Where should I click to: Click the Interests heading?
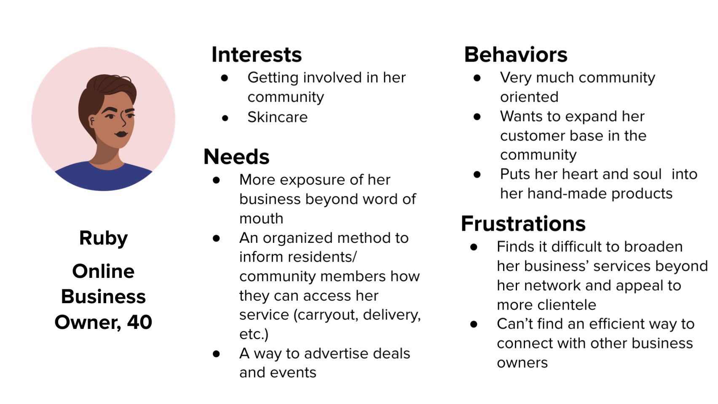tap(257, 55)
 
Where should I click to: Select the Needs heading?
tap(236, 157)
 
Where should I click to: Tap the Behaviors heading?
tap(516, 55)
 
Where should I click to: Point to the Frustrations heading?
tap(523, 224)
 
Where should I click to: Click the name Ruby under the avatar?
tap(103, 238)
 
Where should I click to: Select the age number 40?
tap(139, 322)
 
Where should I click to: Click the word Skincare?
tap(277, 117)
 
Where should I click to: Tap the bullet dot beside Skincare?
tap(225, 118)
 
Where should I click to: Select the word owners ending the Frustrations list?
tap(522, 363)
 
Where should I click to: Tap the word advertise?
tap(333, 353)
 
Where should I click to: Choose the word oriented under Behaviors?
tap(529, 97)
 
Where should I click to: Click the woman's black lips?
tap(121, 134)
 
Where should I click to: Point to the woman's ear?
tap(92, 122)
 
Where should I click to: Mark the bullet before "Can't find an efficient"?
tap(474, 324)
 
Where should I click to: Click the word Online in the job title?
tap(103, 271)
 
